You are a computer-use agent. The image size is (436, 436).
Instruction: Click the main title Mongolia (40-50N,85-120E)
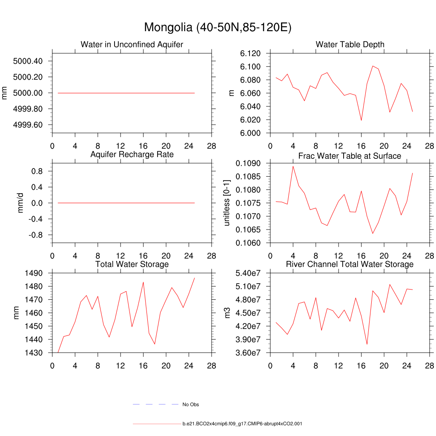[x=218, y=27]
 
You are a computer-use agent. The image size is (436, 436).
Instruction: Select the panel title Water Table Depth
[x=350, y=45]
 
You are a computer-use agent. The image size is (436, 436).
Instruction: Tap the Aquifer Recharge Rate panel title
[x=132, y=155]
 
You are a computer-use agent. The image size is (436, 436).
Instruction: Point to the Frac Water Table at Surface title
[x=350, y=156]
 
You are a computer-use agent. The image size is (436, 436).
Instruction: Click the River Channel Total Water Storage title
[x=350, y=264]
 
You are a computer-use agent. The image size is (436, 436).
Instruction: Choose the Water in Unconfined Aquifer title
[x=132, y=45]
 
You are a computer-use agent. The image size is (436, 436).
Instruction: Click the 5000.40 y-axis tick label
[x=28, y=61]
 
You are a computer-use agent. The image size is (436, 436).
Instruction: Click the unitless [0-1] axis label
[x=227, y=203]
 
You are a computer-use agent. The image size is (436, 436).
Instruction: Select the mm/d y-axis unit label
[x=21, y=203]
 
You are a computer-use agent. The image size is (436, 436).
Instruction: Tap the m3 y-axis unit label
[x=227, y=313]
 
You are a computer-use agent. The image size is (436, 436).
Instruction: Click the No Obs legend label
[x=191, y=404]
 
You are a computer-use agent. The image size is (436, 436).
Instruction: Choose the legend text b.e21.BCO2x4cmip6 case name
[x=242, y=424]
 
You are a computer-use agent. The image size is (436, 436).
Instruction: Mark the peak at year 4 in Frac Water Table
[x=293, y=166]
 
